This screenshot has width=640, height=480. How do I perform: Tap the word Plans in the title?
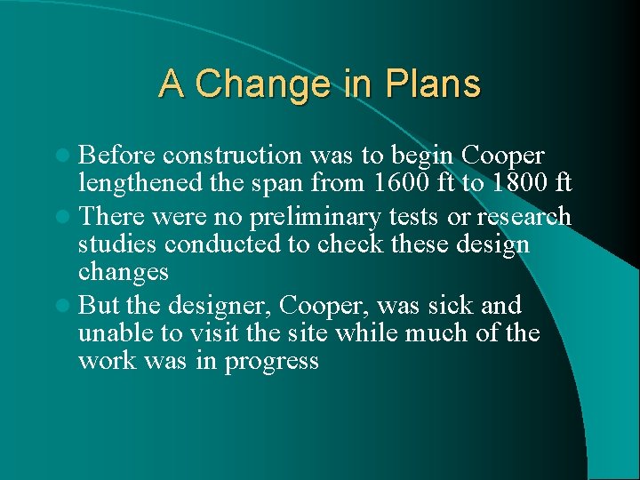tap(433, 84)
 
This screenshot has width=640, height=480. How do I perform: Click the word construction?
tap(233, 156)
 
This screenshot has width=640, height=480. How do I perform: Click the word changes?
tap(122, 271)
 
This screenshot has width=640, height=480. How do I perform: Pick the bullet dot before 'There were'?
tap(67, 217)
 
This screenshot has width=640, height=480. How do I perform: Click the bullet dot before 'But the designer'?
tap(67, 306)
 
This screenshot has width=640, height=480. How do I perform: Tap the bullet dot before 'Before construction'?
tap(67, 156)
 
